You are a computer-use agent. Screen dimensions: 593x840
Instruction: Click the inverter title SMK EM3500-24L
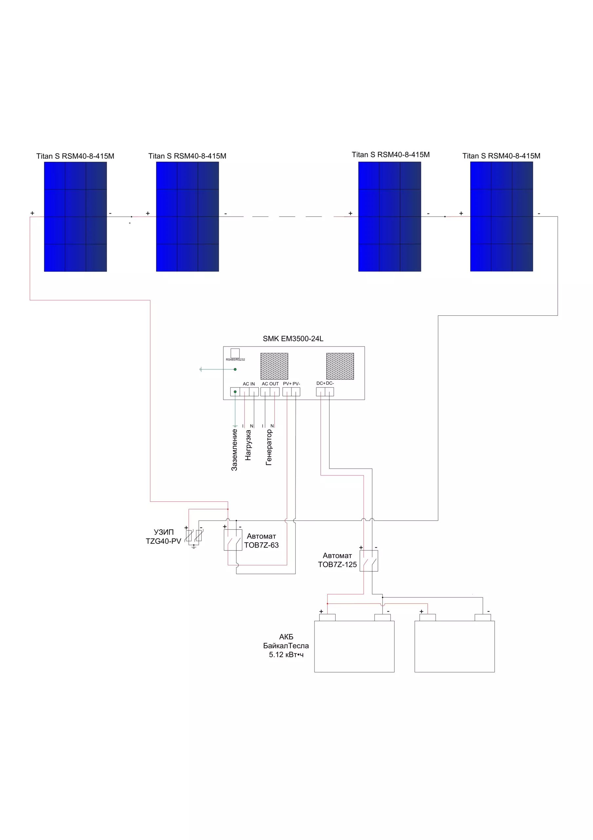pyautogui.click(x=293, y=339)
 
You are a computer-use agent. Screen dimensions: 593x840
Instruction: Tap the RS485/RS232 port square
pyautogui.click(x=235, y=353)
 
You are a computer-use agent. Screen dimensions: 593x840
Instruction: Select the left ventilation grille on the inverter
pyautogui.click(x=274, y=366)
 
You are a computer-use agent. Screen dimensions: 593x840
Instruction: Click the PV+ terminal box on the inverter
pyautogui.click(x=287, y=392)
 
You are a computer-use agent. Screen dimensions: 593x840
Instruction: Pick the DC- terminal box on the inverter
pyautogui.click(x=329, y=392)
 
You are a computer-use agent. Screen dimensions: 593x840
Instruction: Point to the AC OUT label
pyautogui.click(x=270, y=384)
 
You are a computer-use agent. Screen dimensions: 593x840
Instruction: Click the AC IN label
pyautogui.click(x=249, y=384)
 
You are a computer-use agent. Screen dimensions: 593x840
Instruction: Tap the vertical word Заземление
pyautogui.click(x=235, y=450)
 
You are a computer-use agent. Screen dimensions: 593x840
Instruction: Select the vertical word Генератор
pyautogui.click(x=269, y=448)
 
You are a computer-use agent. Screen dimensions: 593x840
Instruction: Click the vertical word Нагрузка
pyautogui.click(x=248, y=445)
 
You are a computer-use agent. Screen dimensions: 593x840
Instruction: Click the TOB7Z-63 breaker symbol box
pyautogui.click(x=233, y=540)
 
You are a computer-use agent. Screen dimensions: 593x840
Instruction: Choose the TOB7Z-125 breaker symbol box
pyautogui.click(x=369, y=561)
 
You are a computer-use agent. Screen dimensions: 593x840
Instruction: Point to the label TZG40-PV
pyautogui.click(x=163, y=541)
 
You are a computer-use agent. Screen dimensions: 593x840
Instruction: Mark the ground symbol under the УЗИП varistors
pyautogui.click(x=194, y=547)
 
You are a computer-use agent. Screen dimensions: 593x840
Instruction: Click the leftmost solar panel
pyautogui.click(x=75, y=217)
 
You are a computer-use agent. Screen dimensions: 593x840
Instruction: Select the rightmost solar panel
pyautogui.click(x=501, y=217)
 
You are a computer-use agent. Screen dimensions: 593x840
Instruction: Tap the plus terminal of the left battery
pyautogui.click(x=327, y=618)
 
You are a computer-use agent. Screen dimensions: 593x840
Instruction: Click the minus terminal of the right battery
pyautogui.click(x=482, y=618)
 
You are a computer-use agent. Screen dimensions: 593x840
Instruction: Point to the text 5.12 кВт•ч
pyautogui.click(x=286, y=655)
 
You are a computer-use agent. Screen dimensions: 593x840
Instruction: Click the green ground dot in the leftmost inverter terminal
pyautogui.click(x=235, y=392)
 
